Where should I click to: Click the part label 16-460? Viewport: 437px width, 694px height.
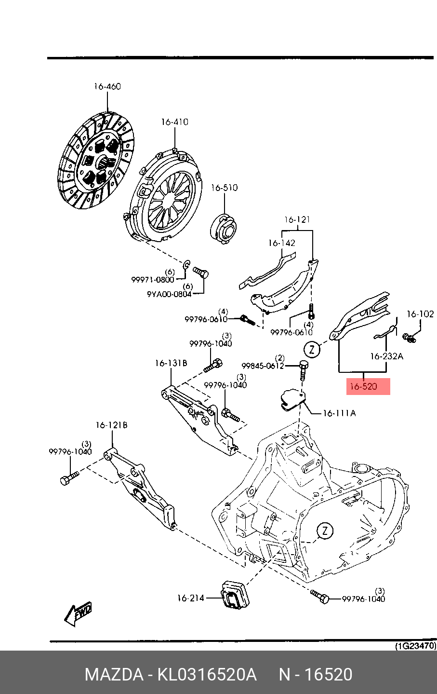[x=107, y=86]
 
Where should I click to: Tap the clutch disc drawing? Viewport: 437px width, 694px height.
[x=96, y=160]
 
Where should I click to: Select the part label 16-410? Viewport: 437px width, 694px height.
[x=174, y=122]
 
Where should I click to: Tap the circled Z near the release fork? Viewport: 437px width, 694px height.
[x=312, y=350]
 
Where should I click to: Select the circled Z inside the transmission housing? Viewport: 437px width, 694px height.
[x=325, y=531]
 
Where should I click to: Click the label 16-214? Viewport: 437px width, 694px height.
[x=191, y=598]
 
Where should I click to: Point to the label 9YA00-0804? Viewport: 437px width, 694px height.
[x=169, y=294]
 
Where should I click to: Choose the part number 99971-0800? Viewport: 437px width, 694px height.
[x=153, y=280]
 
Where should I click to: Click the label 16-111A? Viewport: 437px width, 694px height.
[x=339, y=413]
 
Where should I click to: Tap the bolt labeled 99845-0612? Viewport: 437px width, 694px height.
[x=304, y=370]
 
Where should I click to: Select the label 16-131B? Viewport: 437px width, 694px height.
[x=171, y=363]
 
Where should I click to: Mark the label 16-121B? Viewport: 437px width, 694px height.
[x=111, y=425]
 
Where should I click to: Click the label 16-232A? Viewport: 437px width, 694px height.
[x=387, y=356]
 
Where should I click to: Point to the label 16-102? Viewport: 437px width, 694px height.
[x=420, y=314]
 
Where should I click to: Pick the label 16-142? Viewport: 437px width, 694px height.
[x=282, y=243]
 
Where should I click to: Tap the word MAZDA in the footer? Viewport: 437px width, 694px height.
[x=114, y=674]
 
